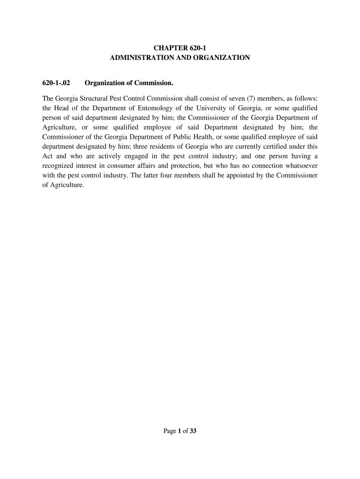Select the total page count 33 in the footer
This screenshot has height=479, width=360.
[193, 432]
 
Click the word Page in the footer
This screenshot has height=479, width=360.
[169, 432]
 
